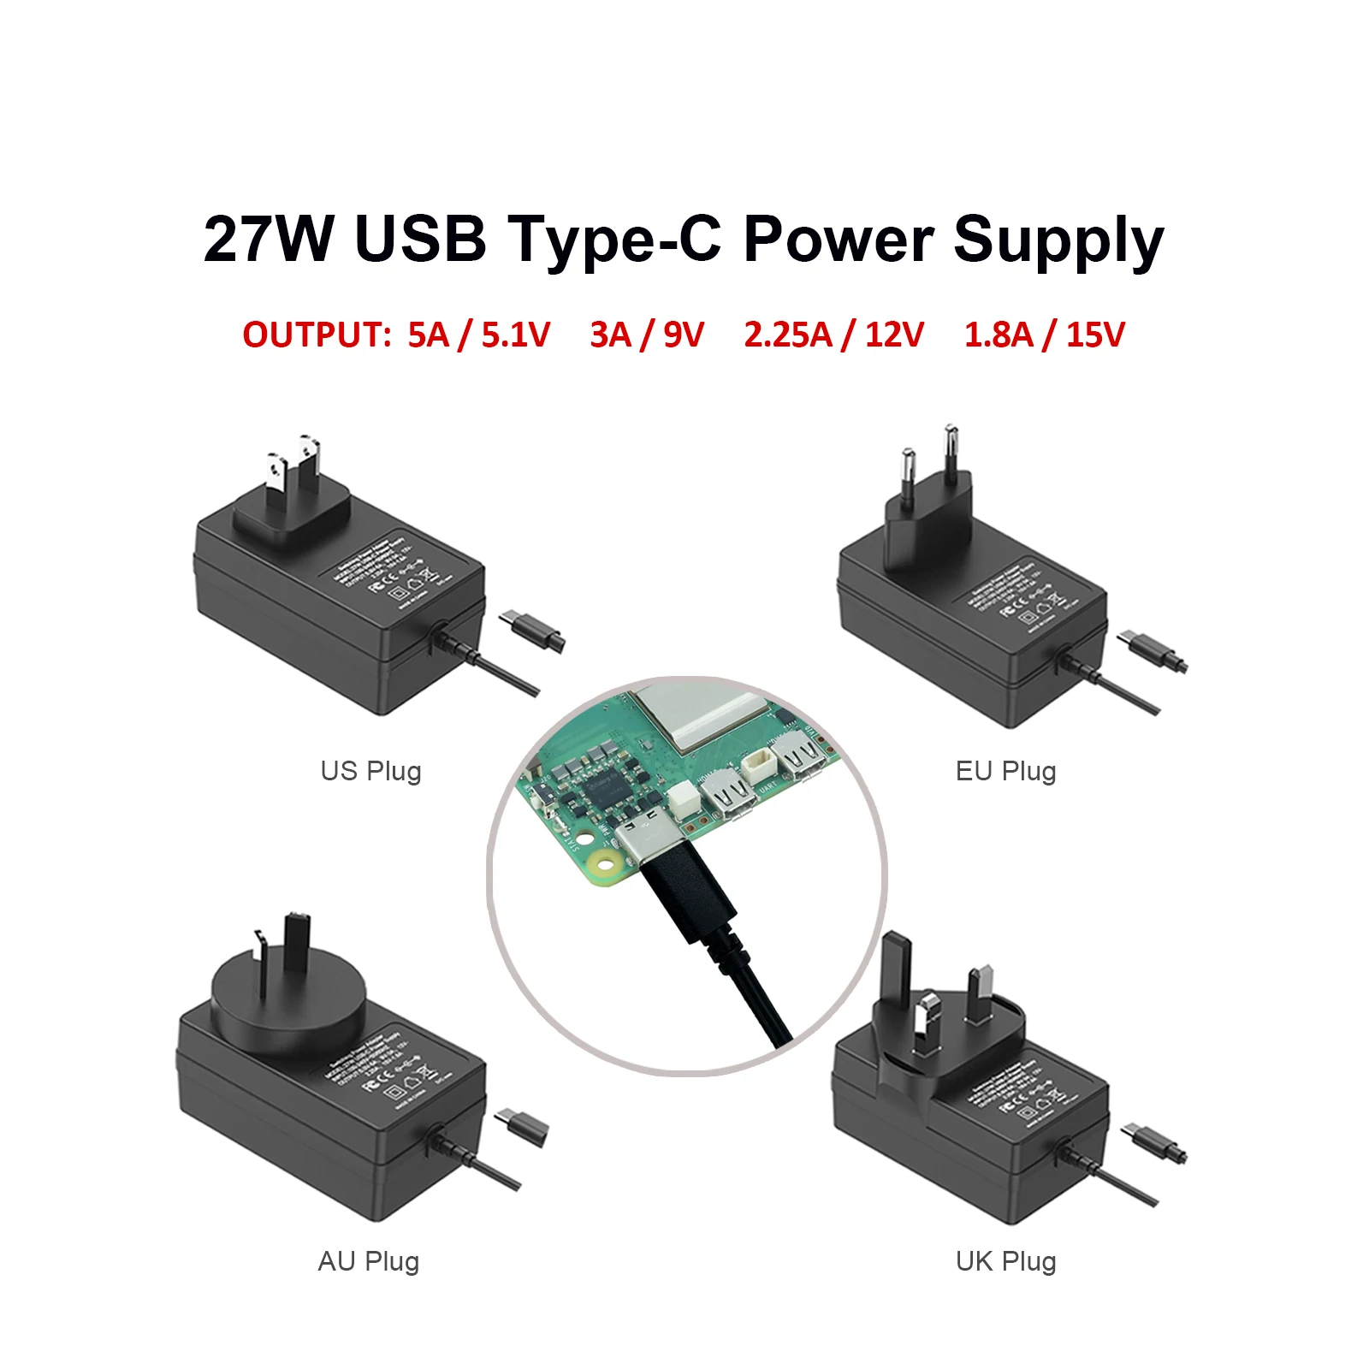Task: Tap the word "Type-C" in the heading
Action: point(615,239)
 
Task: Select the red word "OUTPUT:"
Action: point(317,335)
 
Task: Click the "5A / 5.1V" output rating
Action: point(478,335)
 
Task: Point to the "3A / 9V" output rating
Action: point(647,335)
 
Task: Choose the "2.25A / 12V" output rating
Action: point(833,335)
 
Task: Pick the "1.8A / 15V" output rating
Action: point(1044,335)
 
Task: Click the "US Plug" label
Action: point(370,771)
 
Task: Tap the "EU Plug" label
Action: point(1005,771)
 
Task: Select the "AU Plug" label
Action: point(369,1261)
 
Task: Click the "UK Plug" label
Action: point(1005,1261)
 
